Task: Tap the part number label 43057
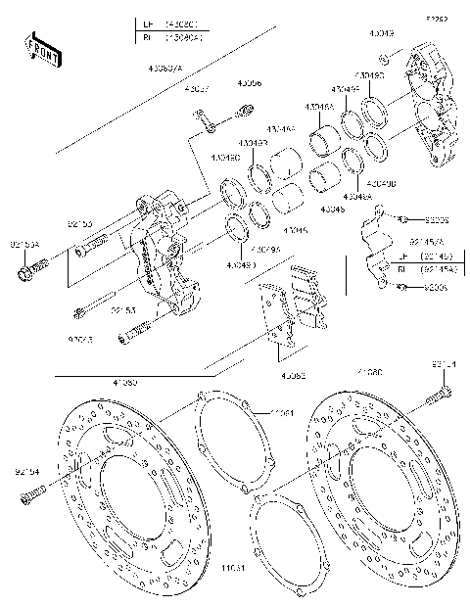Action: click(x=198, y=90)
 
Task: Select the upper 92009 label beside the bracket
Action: click(x=437, y=218)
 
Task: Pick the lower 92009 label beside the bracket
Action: click(x=437, y=288)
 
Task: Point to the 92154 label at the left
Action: click(x=27, y=472)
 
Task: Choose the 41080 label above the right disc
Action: click(x=370, y=373)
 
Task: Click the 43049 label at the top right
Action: click(x=382, y=33)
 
